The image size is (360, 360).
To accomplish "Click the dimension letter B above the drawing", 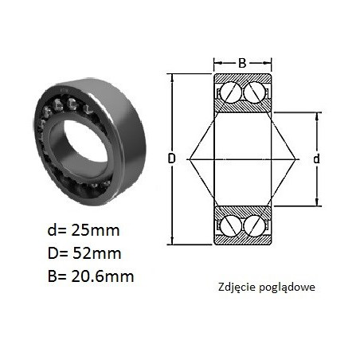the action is pyautogui.click(x=242, y=63).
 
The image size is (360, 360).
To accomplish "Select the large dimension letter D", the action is pyautogui.click(x=172, y=158).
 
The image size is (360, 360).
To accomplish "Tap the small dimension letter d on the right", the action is pyautogui.click(x=316, y=159).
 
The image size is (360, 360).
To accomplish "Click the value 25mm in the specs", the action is pyautogui.click(x=95, y=230).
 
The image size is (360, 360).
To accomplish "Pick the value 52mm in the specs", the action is pyautogui.click(x=96, y=253).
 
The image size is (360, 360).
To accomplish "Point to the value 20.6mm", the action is pyautogui.click(x=102, y=276).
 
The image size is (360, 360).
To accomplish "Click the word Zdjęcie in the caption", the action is pyautogui.click(x=237, y=288).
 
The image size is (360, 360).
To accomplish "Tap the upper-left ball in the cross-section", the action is pyautogui.click(x=231, y=92).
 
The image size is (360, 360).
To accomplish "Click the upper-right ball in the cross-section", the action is pyautogui.click(x=254, y=92).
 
